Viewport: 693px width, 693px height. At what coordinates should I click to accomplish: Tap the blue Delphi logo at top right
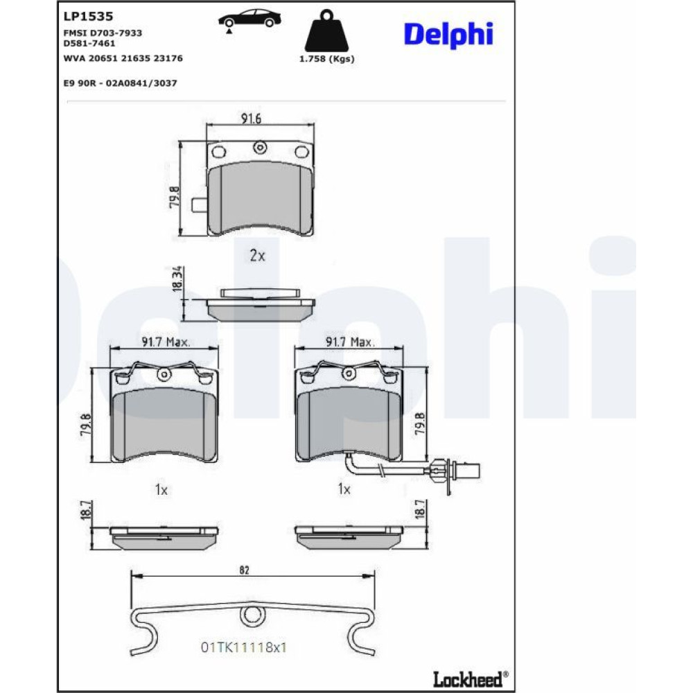pyautogui.click(x=448, y=34)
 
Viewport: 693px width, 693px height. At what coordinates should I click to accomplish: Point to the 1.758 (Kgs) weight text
pyautogui.click(x=326, y=59)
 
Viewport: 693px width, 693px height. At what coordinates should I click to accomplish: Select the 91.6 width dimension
pyautogui.click(x=251, y=119)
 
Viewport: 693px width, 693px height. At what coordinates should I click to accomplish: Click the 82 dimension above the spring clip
pyautogui.click(x=243, y=570)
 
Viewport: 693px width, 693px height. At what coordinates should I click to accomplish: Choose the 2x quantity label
pyautogui.click(x=257, y=256)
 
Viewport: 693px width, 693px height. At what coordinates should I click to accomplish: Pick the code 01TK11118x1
pyautogui.click(x=243, y=647)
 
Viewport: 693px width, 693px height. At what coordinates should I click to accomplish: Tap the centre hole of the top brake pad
pyautogui.click(x=260, y=147)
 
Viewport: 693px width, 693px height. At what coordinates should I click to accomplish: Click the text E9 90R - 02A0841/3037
pyautogui.click(x=120, y=82)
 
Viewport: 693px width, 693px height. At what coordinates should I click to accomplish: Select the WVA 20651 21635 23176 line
pyautogui.click(x=123, y=58)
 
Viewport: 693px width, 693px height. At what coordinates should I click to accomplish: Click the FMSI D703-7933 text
pyautogui.click(x=103, y=33)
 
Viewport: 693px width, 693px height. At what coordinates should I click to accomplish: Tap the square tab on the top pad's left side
pyautogui.click(x=200, y=206)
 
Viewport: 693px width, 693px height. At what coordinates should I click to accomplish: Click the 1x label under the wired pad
pyautogui.click(x=344, y=489)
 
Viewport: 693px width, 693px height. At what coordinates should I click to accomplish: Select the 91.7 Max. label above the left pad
pyautogui.click(x=166, y=342)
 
